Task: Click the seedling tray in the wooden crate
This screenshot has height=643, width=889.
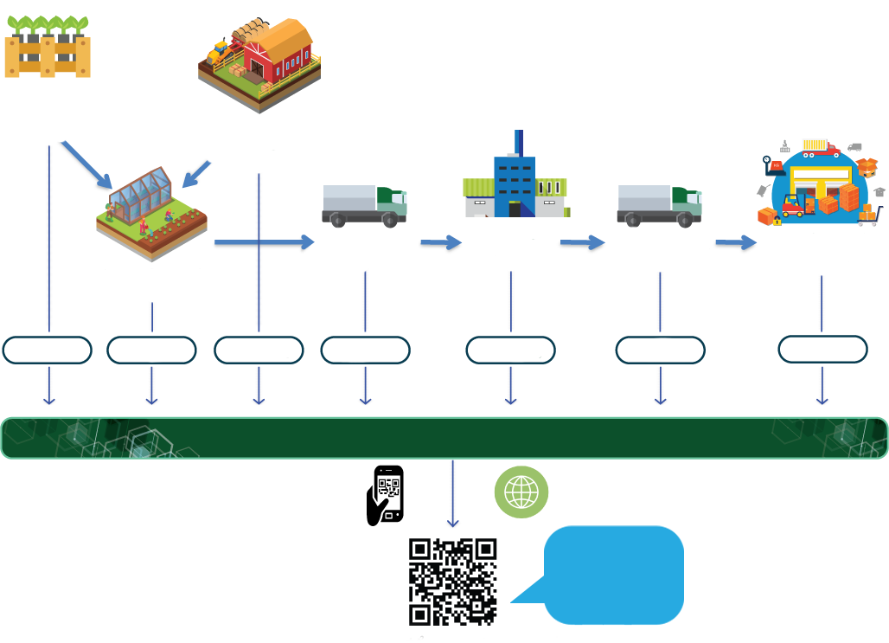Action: pos(48,48)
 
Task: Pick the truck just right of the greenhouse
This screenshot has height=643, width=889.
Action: pos(363,204)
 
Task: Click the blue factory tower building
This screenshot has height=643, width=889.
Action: pos(514,177)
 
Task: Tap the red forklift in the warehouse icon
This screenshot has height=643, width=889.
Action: pos(794,204)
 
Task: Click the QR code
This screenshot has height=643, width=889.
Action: pos(452,582)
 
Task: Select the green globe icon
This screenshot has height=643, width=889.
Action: pos(521,492)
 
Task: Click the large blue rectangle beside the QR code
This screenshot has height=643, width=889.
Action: pos(613,575)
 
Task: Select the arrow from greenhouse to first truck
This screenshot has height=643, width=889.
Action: pos(264,242)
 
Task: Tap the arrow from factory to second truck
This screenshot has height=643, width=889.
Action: pos(582,242)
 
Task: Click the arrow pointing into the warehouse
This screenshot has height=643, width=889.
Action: pos(736,242)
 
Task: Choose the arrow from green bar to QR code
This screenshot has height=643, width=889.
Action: pos(452,493)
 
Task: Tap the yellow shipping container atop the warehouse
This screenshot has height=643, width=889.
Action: pos(815,145)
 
